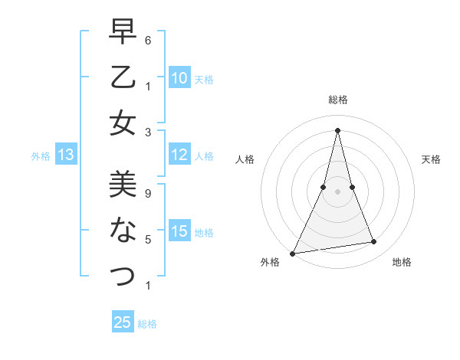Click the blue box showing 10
[179, 78]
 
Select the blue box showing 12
[179, 155]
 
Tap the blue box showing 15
[179, 232]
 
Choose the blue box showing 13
[65, 155]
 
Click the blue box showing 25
[123, 322]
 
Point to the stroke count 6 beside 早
[148, 40]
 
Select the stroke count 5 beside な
[148, 240]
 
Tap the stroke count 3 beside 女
[148, 132]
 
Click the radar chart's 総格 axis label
[337, 100]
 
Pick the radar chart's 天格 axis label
[431, 160]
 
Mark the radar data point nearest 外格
[292, 253]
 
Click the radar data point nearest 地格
[374, 242]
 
